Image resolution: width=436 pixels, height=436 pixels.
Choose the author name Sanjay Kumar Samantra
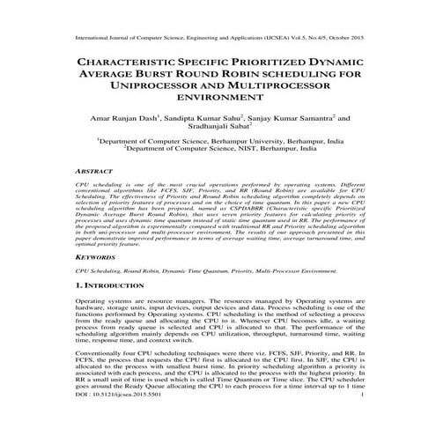(294, 119)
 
